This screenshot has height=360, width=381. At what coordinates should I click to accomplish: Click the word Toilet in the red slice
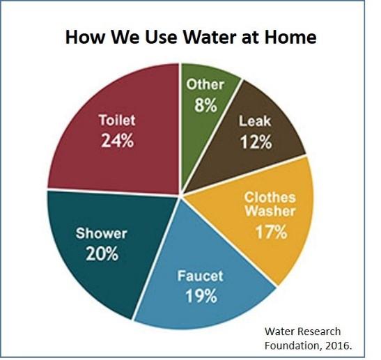pyautogui.click(x=117, y=120)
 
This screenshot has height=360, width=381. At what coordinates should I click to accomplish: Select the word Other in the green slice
pyautogui.click(x=206, y=84)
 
